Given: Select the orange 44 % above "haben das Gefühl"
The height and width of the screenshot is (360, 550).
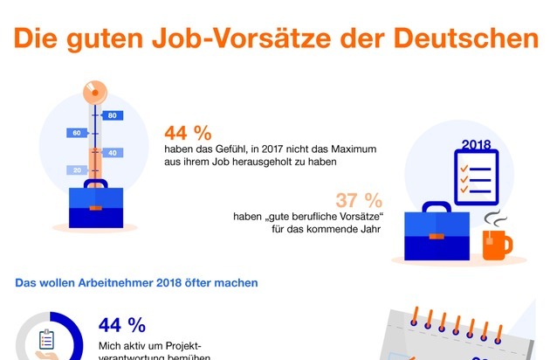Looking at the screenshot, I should click(x=188, y=134).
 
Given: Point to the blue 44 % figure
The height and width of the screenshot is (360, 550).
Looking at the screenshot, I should click(x=122, y=326).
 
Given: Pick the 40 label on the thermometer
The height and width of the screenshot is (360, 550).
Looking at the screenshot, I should click(x=113, y=152).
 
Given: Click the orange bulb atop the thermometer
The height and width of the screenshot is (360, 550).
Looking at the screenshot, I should click(x=94, y=90).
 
